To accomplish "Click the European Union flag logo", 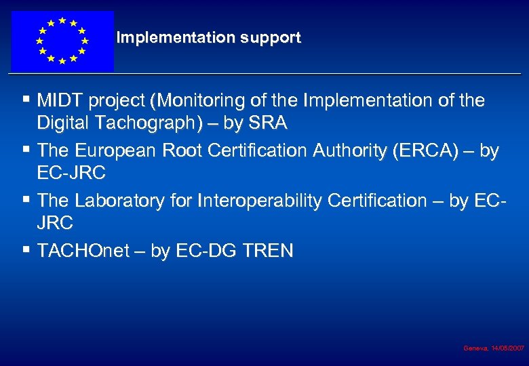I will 62,41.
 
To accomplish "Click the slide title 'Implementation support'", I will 208,38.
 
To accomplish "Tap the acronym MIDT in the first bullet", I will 58,101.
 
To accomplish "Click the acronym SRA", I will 269,123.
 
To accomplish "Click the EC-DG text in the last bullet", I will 204,251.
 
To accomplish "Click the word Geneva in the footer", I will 474,348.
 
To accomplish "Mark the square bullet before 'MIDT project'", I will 26,100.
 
